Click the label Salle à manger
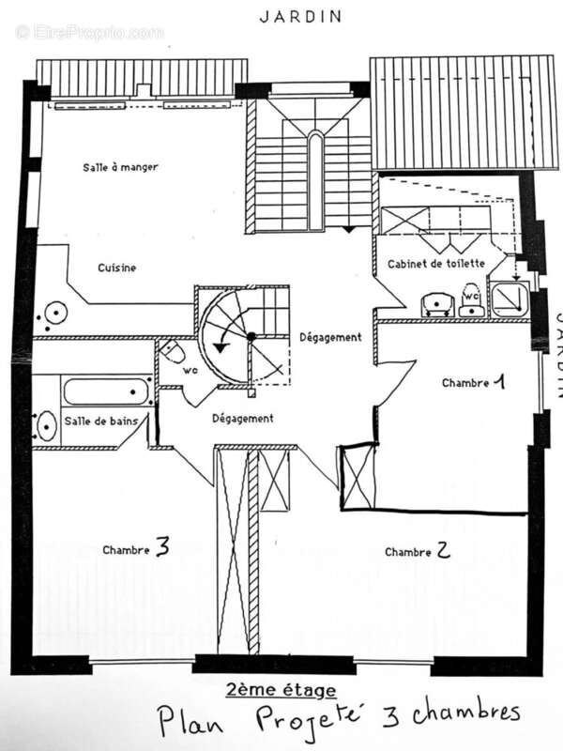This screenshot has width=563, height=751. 118,167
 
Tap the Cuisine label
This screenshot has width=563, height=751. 117,268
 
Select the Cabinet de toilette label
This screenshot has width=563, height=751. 436,265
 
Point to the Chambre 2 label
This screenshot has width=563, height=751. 418,551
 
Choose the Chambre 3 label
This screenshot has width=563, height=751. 136,548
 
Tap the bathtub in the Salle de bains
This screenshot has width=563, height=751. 107,391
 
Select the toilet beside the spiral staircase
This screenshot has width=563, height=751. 172,353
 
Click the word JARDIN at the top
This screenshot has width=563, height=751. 299,16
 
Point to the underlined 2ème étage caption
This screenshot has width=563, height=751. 281,691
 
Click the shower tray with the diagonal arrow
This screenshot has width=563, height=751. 509,298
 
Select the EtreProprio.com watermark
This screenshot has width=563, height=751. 89,32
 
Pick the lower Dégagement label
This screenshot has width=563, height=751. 242,419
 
